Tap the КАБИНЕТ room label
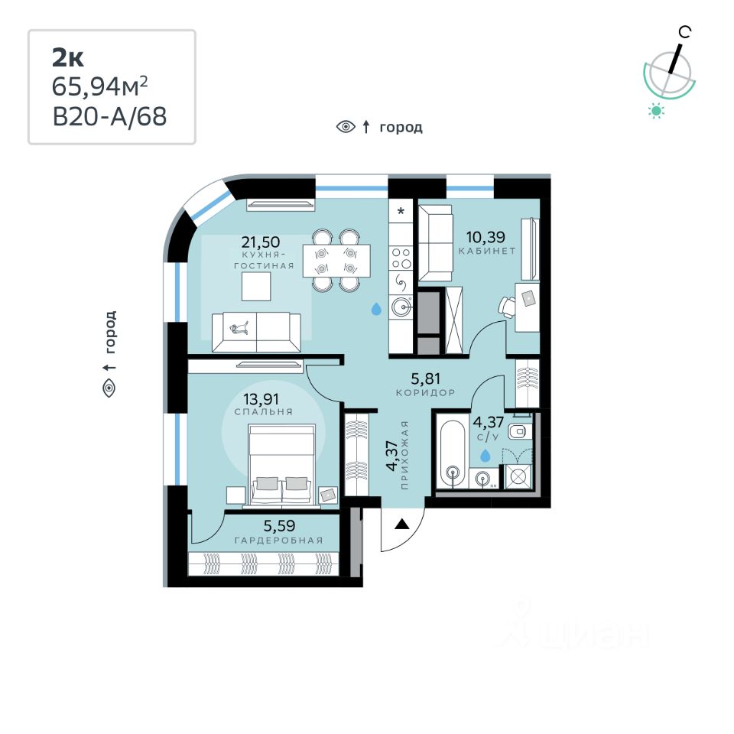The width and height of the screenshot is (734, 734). (x=487, y=251)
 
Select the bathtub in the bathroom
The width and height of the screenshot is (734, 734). (x=454, y=453)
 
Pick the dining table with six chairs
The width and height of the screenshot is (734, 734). (x=336, y=260)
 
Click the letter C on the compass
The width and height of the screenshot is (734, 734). (x=686, y=31)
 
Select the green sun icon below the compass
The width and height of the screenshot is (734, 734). (x=656, y=111)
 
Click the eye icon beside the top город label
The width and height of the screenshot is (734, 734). (x=346, y=127)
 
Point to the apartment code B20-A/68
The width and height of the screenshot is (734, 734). (x=109, y=117)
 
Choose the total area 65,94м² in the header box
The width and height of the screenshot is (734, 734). (x=99, y=86)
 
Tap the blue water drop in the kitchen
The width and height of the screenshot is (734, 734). (x=376, y=309)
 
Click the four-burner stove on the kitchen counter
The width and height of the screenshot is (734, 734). (x=401, y=258)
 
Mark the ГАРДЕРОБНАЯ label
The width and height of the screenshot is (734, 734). (x=278, y=541)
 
